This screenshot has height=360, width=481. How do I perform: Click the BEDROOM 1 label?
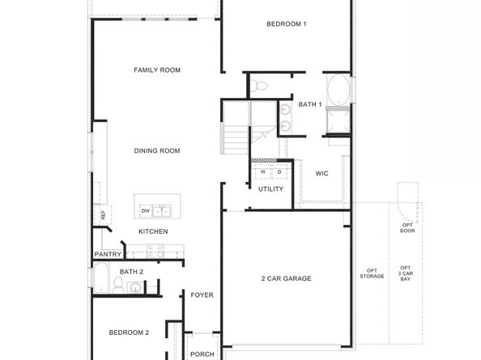tap(287, 24)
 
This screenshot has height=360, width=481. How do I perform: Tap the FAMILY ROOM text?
tap(156, 70)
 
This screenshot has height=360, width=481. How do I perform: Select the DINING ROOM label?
tap(157, 150)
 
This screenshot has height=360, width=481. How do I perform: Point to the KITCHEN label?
tap(153, 231)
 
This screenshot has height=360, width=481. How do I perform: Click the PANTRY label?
tap(107, 254)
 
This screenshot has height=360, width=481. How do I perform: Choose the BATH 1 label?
tap(310, 104)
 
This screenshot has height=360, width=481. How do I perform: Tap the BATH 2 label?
tap(131, 272)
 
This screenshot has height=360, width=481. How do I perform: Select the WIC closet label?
tap(321, 173)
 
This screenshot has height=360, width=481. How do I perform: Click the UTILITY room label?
tap(270, 189)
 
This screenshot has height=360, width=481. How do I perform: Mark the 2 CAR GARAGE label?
tap(286, 278)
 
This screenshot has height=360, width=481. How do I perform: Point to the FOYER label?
tap(202, 295)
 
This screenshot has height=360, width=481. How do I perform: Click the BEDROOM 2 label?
tap(129, 332)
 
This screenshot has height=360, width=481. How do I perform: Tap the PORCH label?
tap(202, 354)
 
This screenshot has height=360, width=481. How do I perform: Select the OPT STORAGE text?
tap(372, 273)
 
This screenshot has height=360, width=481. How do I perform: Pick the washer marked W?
tap(263, 172)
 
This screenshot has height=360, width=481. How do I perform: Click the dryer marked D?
tap(279, 172)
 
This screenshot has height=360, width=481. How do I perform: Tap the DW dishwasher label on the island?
tap(146, 211)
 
